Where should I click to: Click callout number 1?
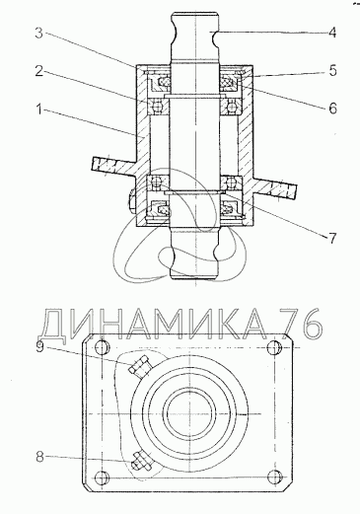[39, 110]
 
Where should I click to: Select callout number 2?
[39, 71]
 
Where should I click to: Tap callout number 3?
[39, 33]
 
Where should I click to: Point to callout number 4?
[332, 33]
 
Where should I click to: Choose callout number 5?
[332, 71]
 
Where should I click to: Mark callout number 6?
[332, 109]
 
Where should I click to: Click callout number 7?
[332, 239]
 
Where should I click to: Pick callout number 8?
[39, 457]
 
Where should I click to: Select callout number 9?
[39, 347]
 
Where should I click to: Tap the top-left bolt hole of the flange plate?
[102, 347]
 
